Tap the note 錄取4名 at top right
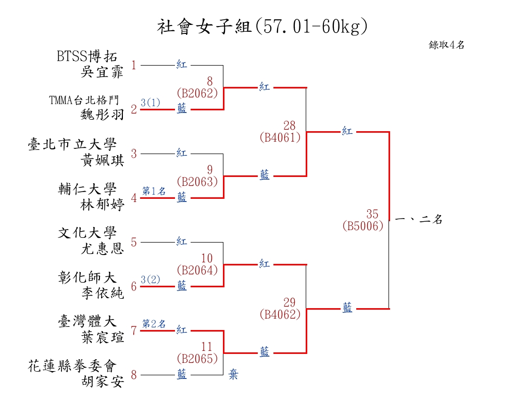click(446, 45)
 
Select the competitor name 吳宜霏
click(103, 72)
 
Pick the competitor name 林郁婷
click(103, 205)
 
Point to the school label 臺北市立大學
click(72, 145)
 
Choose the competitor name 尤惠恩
click(103, 249)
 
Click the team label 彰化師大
click(87, 277)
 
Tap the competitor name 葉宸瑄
click(103, 338)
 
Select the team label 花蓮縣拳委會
click(72, 366)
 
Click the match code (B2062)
click(197, 93)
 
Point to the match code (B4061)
click(280, 137)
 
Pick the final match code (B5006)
click(363, 226)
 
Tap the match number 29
click(289, 302)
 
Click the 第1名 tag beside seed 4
click(154, 191)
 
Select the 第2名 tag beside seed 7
click(154, 324)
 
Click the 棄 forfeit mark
click(233, 374)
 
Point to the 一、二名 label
click(419, 220)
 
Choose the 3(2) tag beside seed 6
click(151, 280)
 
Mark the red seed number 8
click(134, 375)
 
